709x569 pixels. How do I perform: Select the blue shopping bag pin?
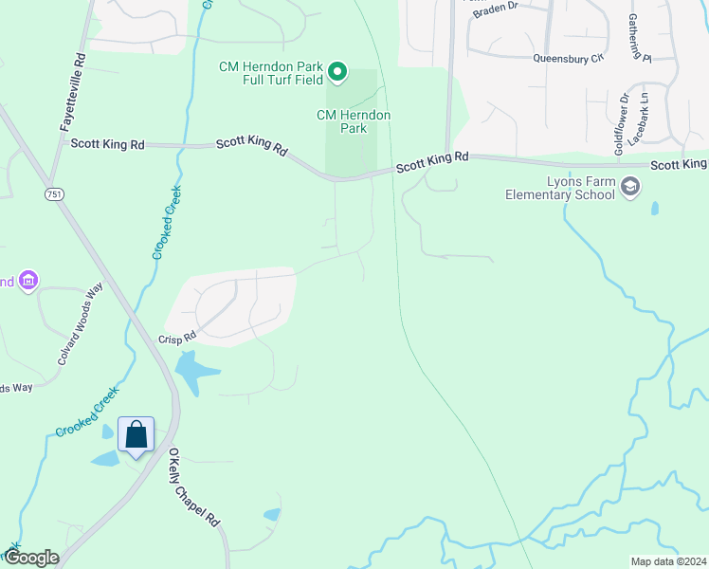click(x=136, y=435)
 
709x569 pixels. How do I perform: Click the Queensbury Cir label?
click(x=568, y=58)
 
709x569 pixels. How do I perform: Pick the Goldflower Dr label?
click(x=620, y=124)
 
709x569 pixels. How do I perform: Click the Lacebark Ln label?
click(x=644, y=112)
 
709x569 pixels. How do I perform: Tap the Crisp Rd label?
click(x=176, y=337)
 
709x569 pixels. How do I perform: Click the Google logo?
click(x=30, y=558)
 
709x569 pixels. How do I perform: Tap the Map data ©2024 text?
click(x=668, y=561)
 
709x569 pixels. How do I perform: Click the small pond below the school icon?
click(x=654, y=209)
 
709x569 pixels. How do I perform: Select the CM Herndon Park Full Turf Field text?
click(x=270, y=74)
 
